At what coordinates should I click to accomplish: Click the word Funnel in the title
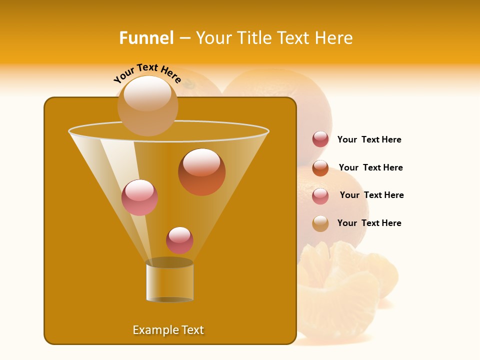146,38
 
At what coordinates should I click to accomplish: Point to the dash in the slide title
184,38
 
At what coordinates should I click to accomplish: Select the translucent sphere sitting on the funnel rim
148,106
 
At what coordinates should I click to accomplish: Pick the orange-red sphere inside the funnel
202,171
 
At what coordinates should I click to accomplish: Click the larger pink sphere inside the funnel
139,197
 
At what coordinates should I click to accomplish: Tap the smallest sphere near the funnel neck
179,240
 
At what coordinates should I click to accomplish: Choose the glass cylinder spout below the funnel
169,282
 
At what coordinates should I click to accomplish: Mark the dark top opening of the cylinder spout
169,262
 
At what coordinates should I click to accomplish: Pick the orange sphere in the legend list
320,168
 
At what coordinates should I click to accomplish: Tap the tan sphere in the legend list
320,223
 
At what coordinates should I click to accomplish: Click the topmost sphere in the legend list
320,139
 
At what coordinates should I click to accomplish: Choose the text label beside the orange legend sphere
370,167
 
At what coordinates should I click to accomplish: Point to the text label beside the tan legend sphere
369,223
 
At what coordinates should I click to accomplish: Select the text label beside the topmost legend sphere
369,139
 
